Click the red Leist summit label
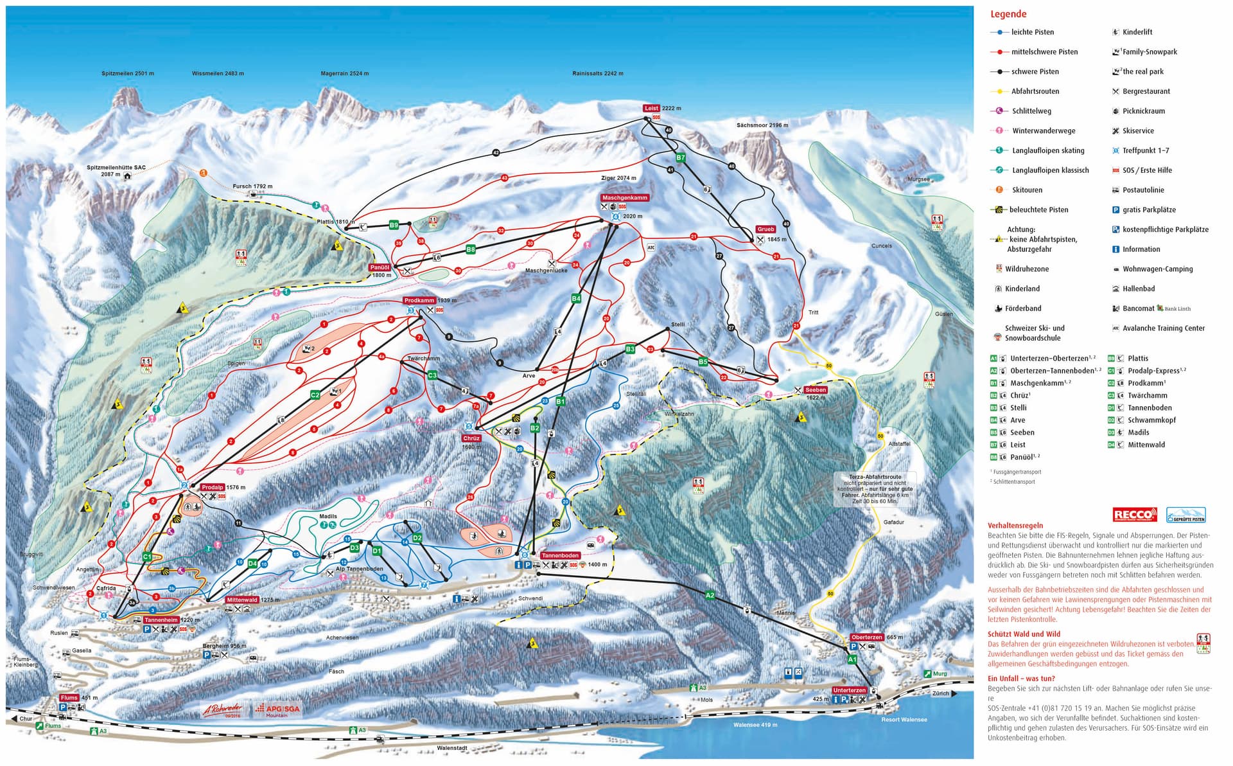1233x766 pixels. click(x=651, y=109)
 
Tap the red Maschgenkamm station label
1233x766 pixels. click(x=624, y=198)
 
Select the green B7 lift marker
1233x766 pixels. click(x=681, y=157)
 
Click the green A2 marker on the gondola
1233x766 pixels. click(x=710, y=596)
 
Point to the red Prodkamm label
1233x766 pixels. click(x=419, y=301)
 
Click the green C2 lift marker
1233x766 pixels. click(x=315, y=395)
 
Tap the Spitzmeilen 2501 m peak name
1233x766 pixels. click(x=128, y=74)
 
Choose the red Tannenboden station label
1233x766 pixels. click(x=560, y=555)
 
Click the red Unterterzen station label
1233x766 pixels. click(x=849, y=690)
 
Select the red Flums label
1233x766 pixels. click(x=69, y=698)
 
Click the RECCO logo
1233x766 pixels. click(x=1134, y=515)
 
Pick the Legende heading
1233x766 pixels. click(x=1008, y=14)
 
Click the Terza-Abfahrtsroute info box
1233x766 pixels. click(x=875, y=489)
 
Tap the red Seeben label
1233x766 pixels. click(x=815, y=389)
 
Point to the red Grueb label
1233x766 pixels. click(x=765, y=229)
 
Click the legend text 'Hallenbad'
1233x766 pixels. click(x=1138, y=289)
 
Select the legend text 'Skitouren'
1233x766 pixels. click(x=1027, y=190)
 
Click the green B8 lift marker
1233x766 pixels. click(x=471, y=250)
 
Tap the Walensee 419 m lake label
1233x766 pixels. click(x=755, y=725)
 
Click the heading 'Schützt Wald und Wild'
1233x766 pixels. click(x=1024, y=634)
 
